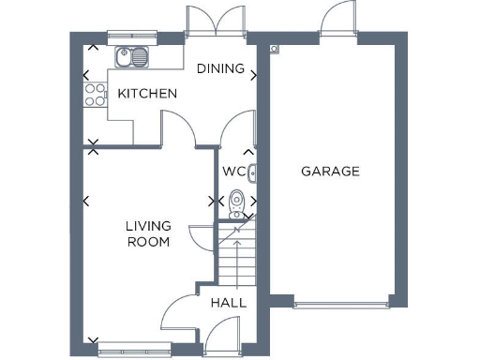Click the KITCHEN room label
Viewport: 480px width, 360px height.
pos(147,94)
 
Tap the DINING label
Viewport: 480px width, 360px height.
pos(220,68)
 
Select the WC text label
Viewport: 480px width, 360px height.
pos(233,172)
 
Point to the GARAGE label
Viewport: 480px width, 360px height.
pos(330,172)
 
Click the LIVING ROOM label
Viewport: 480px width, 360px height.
pos(148,233)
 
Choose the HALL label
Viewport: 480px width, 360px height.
pos(228,303)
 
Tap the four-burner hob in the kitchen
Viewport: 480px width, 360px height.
pos(95,94)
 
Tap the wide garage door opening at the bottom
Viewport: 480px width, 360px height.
pos(341,303)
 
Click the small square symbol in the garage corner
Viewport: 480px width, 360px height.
pos(274,49)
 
